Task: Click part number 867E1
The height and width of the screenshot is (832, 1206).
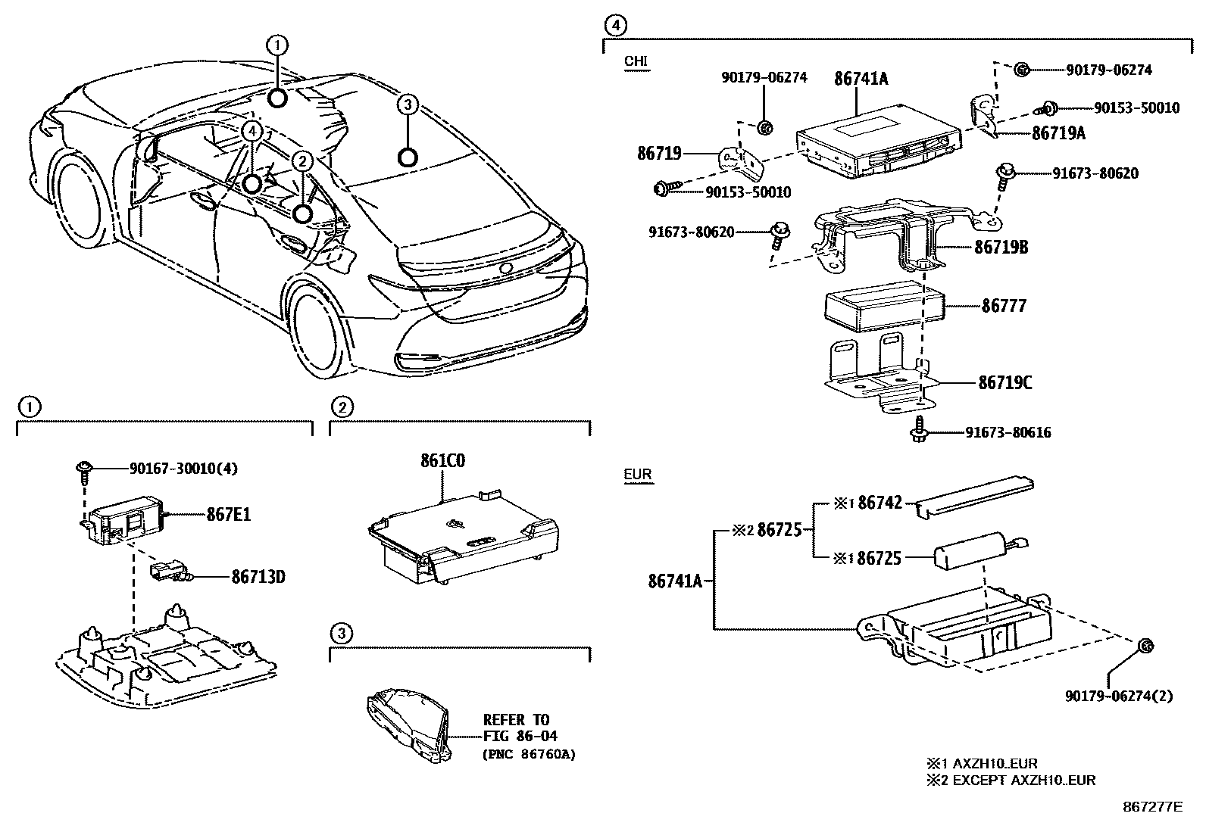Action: (228, 516)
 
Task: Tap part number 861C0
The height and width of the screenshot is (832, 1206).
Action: (443, 461)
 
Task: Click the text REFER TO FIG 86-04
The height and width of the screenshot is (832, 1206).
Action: (517, 728)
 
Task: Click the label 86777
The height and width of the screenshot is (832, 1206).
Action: (1004, 307)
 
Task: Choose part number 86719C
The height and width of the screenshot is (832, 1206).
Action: (1005, 383)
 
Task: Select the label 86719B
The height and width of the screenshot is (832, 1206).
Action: (1001, 247)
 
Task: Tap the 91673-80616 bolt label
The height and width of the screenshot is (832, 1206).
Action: (1008, 433)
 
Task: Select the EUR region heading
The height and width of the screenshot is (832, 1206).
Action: (638, 475)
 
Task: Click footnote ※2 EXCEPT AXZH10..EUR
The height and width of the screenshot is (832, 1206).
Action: (1011, 781)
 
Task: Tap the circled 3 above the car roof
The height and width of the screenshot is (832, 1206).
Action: (408, 104)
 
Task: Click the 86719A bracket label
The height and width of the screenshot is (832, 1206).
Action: (1058, 133)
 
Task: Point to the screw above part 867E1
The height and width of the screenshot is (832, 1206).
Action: (83, 472)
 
